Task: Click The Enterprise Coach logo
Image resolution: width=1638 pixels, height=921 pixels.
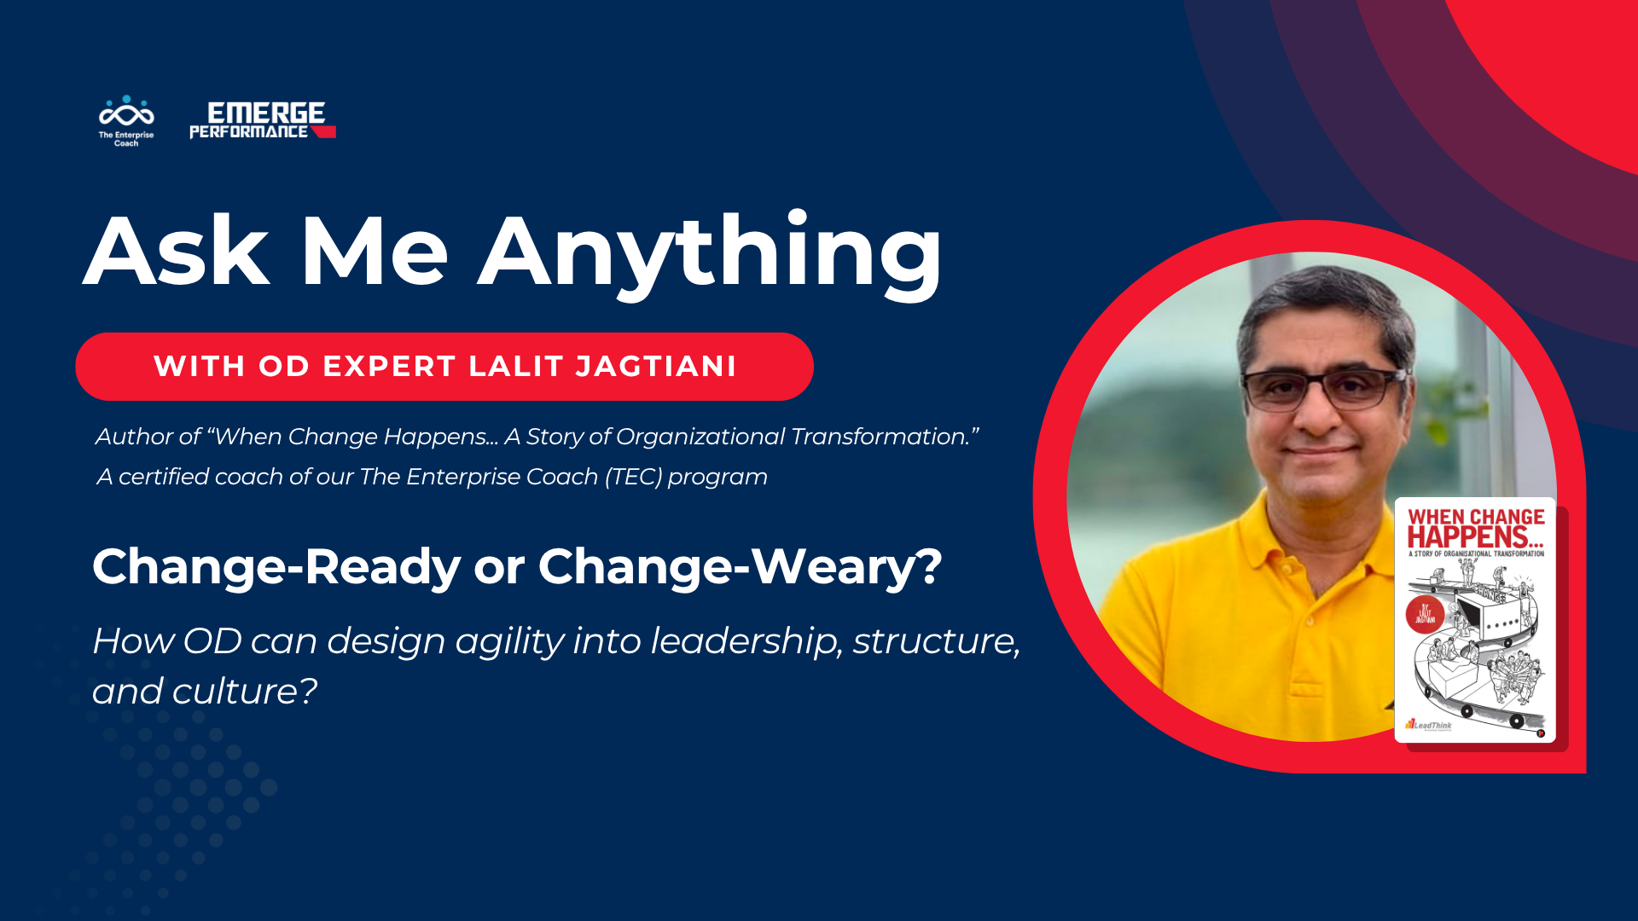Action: click(126, 120)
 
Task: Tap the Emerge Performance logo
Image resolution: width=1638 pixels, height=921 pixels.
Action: click(262, 120)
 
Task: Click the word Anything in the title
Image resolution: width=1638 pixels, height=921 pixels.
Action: click(710, 252)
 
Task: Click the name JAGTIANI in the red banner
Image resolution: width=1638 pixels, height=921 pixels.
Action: click(656, 366)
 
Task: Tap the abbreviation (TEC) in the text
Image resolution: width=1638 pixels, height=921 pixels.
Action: click(633, 477)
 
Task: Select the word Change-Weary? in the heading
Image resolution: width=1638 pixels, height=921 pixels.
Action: click(740, 567)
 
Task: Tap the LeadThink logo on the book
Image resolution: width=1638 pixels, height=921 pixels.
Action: click(1429, 726)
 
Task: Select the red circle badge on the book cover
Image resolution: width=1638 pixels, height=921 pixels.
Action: click(1425, 614)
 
